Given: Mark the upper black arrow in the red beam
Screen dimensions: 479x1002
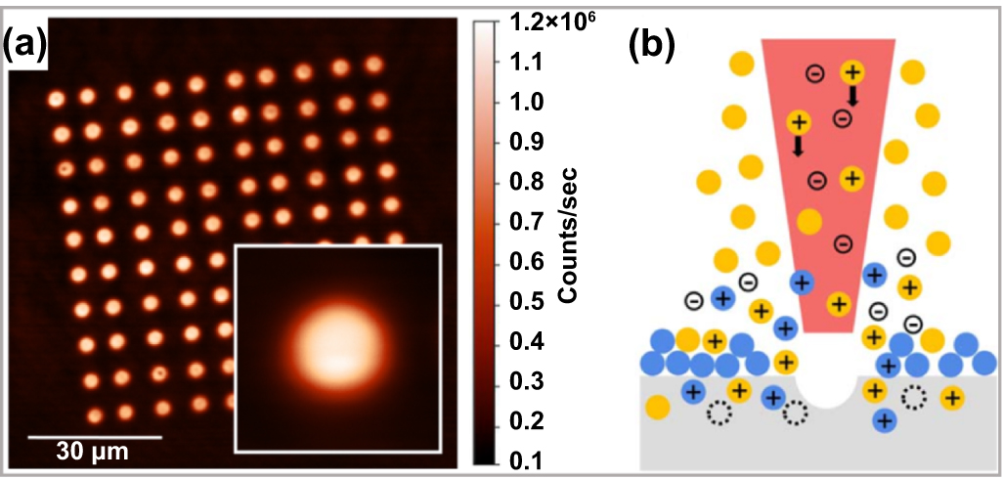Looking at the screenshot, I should click(852, 95).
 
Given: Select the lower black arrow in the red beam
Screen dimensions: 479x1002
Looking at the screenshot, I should click(798, 146).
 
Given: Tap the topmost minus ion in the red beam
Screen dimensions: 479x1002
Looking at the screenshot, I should click(813, 72).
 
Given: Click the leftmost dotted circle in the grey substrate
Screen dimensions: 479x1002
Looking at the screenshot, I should click(719, 414).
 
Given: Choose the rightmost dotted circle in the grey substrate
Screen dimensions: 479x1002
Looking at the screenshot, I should click(914, 397).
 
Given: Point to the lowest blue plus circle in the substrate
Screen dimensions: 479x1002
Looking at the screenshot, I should click(884, 421).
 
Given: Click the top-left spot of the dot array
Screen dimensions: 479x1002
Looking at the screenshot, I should click(57, 99).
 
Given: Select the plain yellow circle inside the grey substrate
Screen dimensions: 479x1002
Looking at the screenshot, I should click(657, 406).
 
